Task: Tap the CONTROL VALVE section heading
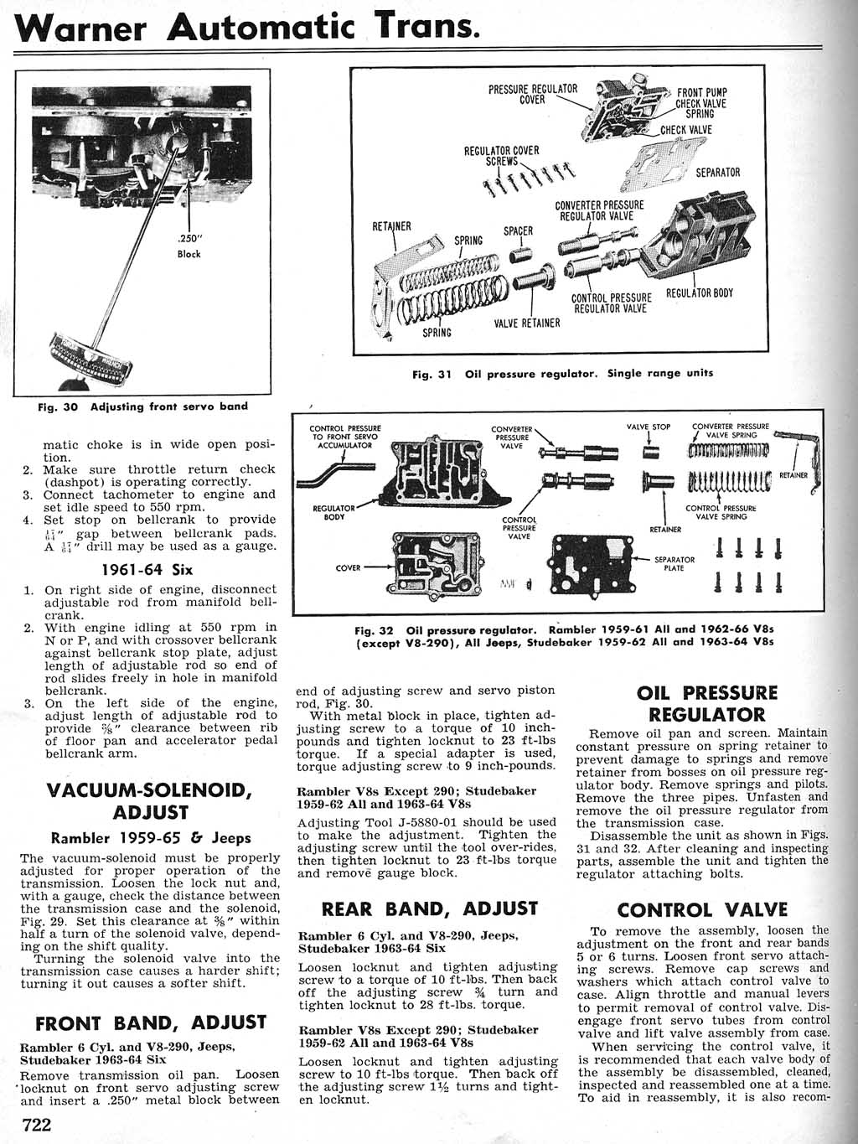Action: coord(702,910)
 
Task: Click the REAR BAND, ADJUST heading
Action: coord(429,908)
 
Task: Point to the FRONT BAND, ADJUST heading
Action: coord(151,1023)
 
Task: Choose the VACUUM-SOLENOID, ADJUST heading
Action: coord(151,801)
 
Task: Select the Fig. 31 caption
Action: coord(563,373)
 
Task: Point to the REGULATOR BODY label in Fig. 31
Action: coord(699,293)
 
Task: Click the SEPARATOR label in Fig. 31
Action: coord(718,173)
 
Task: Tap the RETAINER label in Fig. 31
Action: coord(391,226)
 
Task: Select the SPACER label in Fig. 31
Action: coord(518,231)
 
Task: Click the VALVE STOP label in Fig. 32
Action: coord(649,427)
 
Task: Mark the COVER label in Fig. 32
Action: coord(348,567)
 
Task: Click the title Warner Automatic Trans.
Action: coord(249,28)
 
